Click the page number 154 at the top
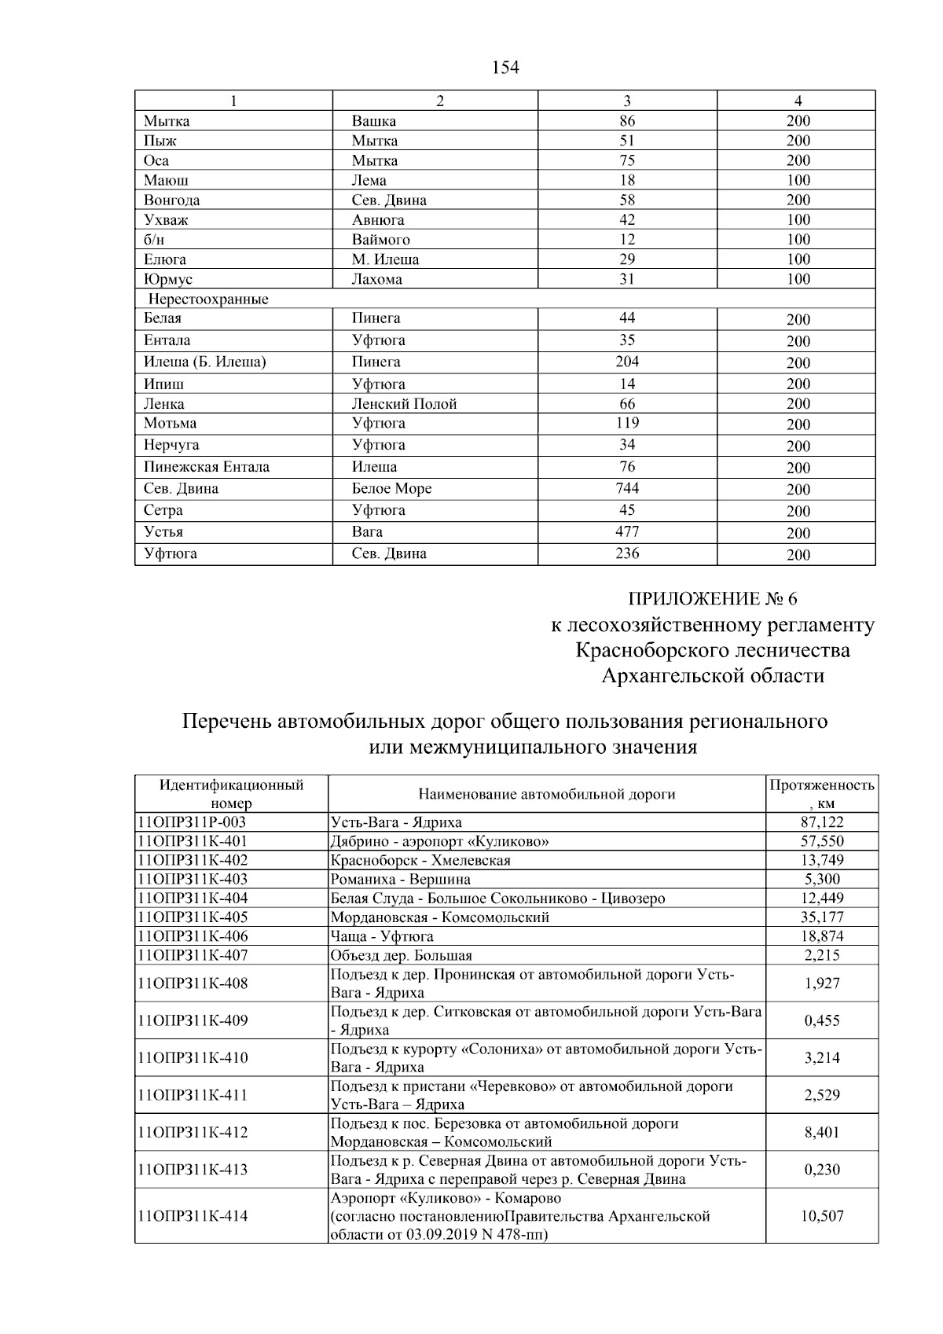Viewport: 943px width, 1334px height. [x=505, y=68]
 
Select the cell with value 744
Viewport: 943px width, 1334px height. [x=626, y=488]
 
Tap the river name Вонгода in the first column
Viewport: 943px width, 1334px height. [x=171, y=200]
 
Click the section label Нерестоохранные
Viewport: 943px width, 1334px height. [x=208, y=300]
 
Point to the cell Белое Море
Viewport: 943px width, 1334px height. [x=391, y=489]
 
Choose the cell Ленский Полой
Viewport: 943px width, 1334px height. [x=404, y=404]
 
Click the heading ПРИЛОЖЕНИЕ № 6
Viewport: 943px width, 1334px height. [x=713, y=599]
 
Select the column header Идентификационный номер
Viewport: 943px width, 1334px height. [x=232, y=794]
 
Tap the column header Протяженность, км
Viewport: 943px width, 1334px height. [x=821, y=794]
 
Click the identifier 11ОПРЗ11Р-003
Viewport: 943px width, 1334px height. [x=192, y=822]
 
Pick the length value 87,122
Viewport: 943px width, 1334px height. [x=821, y=822]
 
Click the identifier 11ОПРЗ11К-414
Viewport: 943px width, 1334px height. [x=193, y=1216]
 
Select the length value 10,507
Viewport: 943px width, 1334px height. [x=822, y=1216]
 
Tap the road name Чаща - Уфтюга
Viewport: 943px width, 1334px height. [x=382, y=936]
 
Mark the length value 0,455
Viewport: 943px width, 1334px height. [x=822, y=1021]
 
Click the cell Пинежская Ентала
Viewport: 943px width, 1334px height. [x=207, y=467]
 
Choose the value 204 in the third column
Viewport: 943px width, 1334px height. [x=626, y=362]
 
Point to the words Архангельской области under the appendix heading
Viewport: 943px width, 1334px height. [x=713, y=676]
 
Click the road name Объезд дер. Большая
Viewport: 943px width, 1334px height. [x=402, y=956]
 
